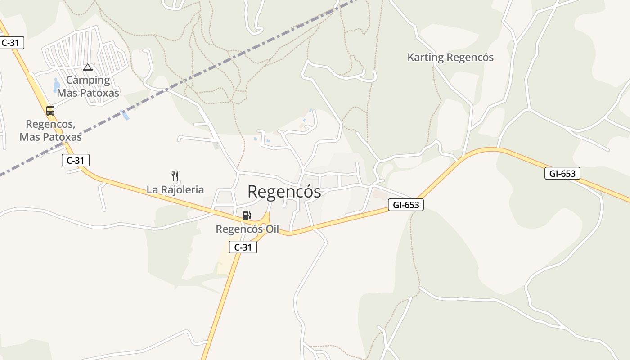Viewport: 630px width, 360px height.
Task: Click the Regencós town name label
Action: click(284, 192)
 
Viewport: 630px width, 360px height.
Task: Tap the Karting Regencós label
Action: click(450, 58)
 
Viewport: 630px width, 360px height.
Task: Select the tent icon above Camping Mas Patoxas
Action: click(88, 67)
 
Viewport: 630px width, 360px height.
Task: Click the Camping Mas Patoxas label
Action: click(88, 87)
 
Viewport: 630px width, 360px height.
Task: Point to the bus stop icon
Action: click(50, 110)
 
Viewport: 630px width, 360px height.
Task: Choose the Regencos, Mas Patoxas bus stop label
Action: click(50, 130)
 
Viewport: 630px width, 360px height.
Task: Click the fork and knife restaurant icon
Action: click(175, 176)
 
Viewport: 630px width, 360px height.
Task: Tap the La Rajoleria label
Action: click(175, 190)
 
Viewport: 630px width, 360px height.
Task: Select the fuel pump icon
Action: click(247, 216)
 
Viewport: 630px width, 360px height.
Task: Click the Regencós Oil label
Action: click(247, 229)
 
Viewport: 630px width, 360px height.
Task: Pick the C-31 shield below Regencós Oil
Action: click(243, 247)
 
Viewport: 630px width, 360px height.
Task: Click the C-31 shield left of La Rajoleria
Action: click(76, 160)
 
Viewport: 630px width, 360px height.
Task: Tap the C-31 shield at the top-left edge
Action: click(11, 43)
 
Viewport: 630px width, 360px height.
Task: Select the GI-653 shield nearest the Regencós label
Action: click(406, 205)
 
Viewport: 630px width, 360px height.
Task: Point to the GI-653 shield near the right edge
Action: click(562, 173)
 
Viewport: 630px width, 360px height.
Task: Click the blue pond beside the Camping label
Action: click(56, 85)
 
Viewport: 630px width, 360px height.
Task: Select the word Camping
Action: click(88, 81)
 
